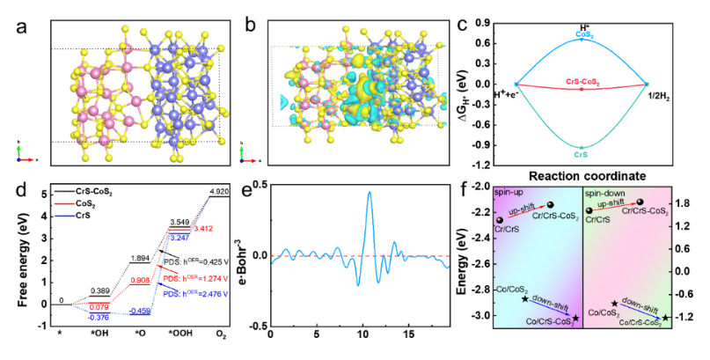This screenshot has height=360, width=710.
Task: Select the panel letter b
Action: click(x=250, y=26)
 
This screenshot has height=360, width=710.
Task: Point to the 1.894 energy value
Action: click(x=140, y=258)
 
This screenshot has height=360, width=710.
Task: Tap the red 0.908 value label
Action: click(x=140, y=280)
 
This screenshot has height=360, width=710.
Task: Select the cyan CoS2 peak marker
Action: click(x=582, y=40)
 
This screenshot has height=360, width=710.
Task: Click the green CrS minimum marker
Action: click(x=582, y=147)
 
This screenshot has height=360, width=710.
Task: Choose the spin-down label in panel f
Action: click(x=606, y=192)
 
